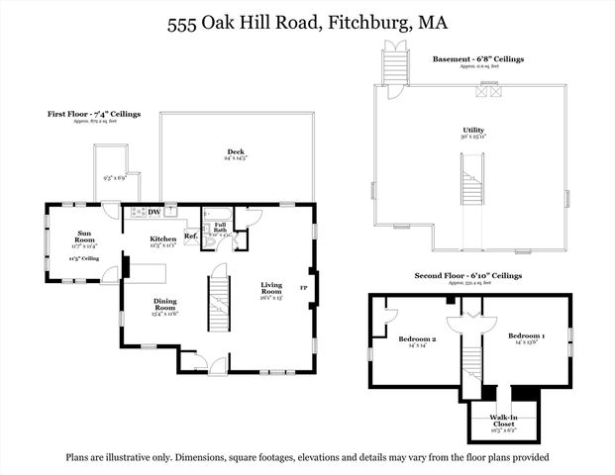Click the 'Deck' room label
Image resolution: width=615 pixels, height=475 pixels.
pos(235,152)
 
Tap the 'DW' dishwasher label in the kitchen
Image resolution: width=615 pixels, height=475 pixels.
pos(154,212)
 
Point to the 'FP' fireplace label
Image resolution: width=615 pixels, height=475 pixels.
pos(304,288)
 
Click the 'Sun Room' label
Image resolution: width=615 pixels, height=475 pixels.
pos(85,237)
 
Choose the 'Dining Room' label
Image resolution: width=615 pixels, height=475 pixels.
pos(165,306)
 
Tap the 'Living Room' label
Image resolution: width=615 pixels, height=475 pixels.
pos(270,288)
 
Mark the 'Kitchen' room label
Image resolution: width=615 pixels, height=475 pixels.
pos(162,238)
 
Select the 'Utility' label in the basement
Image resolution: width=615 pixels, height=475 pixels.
pos(472,130)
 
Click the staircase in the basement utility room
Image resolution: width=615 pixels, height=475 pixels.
pos(470,183)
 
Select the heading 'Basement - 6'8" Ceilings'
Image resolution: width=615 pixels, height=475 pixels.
pos(477,59)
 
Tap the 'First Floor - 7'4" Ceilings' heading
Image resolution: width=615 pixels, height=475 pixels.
pos(95,115)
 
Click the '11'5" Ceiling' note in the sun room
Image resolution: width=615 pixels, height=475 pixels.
pos(84,258)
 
